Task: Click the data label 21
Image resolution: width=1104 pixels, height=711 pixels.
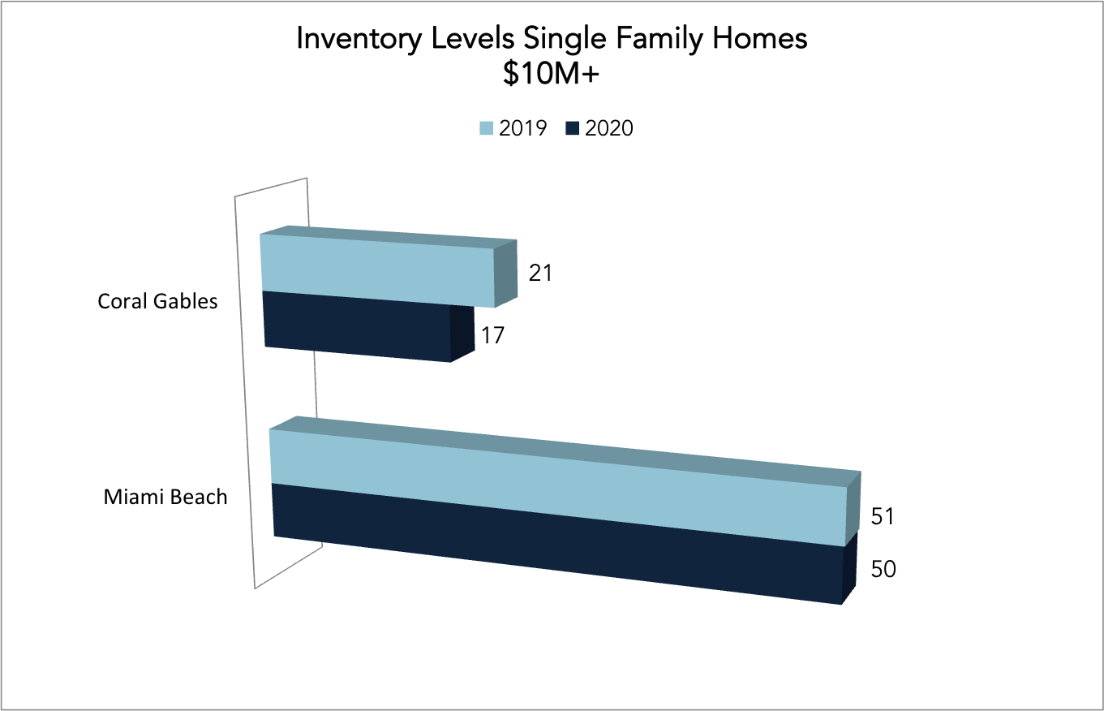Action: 540,274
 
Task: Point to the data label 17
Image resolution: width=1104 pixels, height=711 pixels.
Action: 492,336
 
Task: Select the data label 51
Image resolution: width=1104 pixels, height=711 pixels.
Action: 883,517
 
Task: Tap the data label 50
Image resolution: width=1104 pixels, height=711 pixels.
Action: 883,569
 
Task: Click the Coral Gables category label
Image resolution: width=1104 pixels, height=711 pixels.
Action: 157,301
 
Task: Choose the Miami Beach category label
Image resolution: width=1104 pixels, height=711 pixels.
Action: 165,497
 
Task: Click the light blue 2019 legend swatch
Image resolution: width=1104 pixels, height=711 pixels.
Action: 487,129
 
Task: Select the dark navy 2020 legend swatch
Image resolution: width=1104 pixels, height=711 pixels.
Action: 572,129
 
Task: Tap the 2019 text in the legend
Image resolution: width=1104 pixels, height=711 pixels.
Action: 523,128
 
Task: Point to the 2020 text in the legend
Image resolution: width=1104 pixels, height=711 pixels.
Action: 608,128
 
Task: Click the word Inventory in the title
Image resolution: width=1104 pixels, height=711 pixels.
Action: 359,39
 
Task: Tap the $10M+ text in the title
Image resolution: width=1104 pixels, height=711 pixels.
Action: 551,74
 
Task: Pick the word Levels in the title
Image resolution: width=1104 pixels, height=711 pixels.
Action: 473,37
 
